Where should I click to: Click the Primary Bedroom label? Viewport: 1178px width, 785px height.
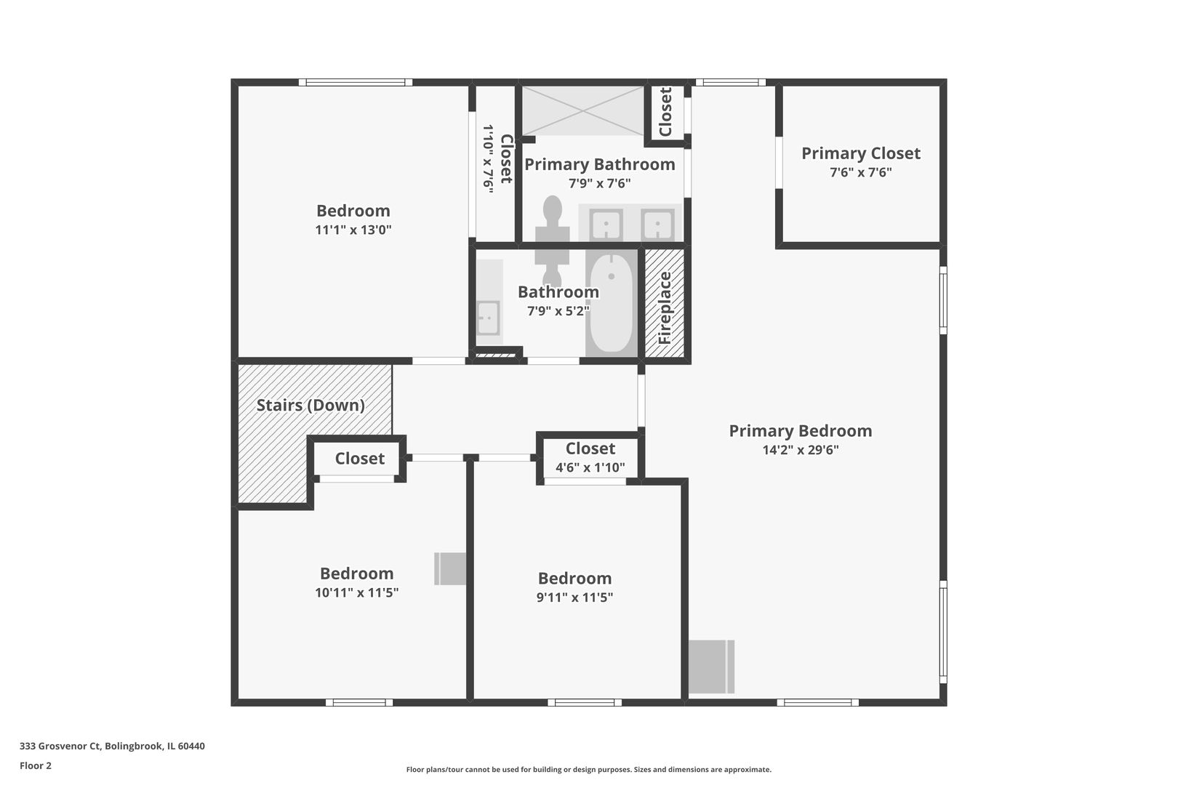tap(800, 431)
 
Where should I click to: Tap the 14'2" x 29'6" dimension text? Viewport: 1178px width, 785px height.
tap(800, 450)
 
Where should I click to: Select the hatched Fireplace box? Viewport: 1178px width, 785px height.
tap(665, 305)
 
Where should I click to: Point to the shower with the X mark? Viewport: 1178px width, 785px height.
tap(582, 110)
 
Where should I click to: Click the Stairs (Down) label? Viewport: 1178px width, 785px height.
tap(310, 405)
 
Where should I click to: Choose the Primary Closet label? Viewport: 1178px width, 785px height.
tap(860, 153)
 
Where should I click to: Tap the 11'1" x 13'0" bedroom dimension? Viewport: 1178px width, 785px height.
tap(353, 230)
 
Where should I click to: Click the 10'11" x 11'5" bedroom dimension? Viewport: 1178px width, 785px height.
tap(356, 592)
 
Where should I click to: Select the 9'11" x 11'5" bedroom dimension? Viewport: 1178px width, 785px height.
tap(574, 597)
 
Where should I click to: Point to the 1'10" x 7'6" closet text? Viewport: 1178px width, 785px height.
tap(489, 158)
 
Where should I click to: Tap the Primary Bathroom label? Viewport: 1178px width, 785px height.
tap(599, 164)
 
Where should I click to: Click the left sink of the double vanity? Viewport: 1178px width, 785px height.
tap(606, 224)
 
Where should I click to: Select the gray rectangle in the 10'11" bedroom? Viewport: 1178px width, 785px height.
tap(450, 568)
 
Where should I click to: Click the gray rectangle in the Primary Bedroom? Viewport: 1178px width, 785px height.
tap(710, 667)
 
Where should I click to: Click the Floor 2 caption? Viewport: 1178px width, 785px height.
tap(36, 765)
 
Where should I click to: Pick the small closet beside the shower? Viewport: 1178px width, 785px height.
tap(665, 110)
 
